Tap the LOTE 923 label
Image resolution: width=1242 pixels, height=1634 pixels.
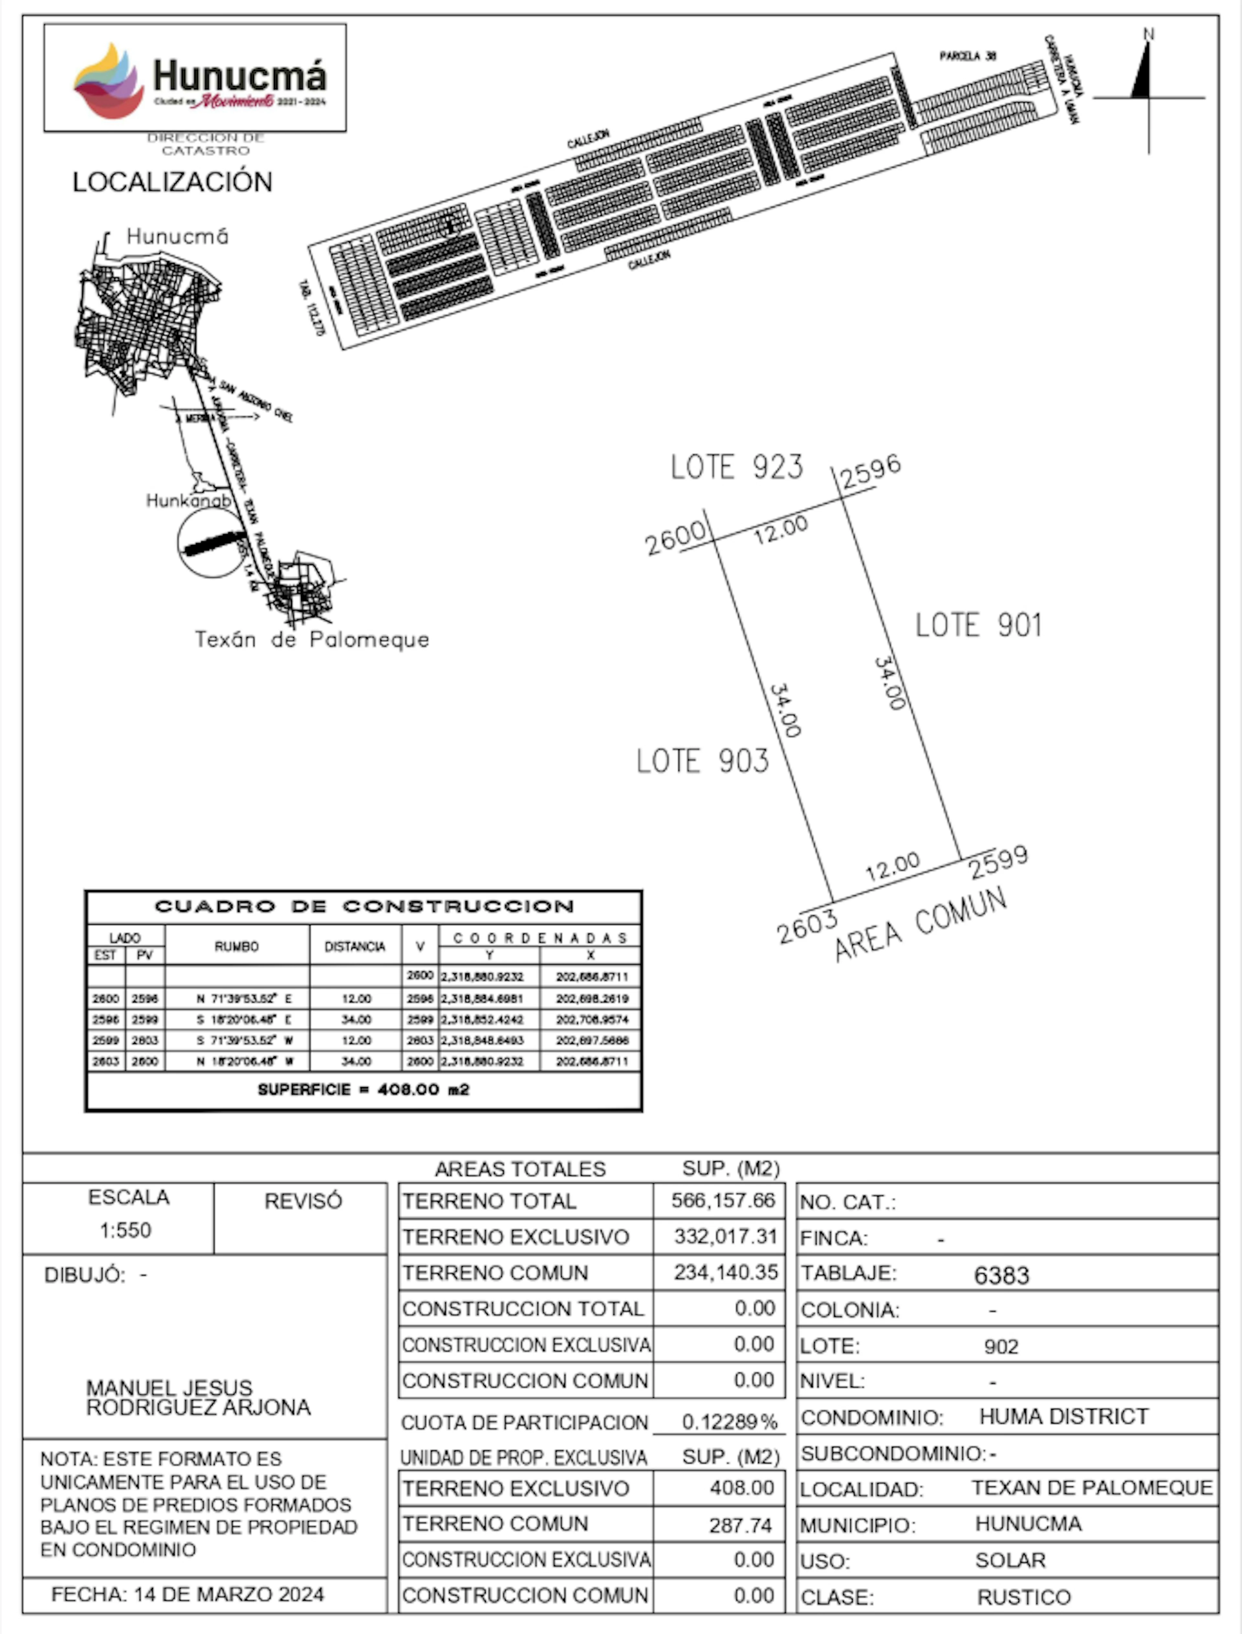click(x=736, y=467)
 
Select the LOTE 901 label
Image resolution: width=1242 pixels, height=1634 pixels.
click(x=978, y=625)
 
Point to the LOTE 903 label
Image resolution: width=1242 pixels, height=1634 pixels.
click(x=702, y=761)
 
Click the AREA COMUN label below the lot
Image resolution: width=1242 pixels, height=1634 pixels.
click(x=921, y=925)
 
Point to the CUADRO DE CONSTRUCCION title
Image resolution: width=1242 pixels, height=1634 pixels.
click(x=364, y=906)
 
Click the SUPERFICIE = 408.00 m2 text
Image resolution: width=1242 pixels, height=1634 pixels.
click(x=364, y=1089)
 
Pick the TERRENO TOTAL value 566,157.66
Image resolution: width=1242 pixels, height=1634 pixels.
click(x=722, y=1201)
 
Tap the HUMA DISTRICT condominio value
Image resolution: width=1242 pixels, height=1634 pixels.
click(x=1064, y=1417)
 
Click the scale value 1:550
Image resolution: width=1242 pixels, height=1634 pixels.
click(x=126, y=1230)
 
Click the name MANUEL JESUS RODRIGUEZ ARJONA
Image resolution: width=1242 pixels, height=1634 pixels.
click(x=198, y=1398)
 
